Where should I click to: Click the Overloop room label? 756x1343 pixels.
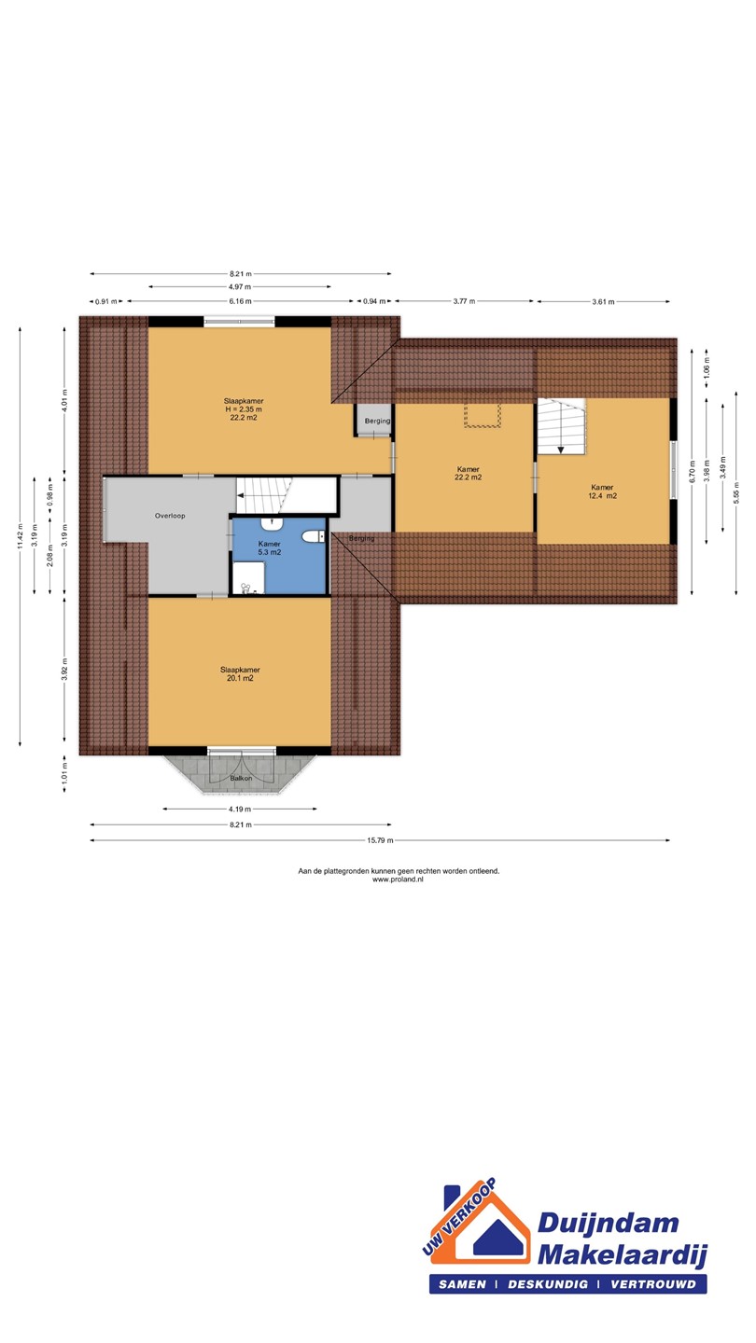(170, 516)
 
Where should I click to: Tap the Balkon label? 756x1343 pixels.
(241, 778)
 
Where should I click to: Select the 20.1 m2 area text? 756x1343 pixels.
(240, 679)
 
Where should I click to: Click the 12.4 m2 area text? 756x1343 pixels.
(602, 496)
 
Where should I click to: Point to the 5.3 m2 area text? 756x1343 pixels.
(270, 552)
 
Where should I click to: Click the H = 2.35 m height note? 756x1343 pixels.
(243, 409)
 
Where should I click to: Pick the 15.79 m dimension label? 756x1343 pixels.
(381, 840)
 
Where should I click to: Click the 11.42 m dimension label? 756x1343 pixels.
(21, 536)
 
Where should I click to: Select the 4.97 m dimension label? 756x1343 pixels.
(240, 287)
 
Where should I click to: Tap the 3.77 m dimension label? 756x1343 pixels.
(464, 301)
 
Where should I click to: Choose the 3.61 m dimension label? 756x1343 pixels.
(603, 302)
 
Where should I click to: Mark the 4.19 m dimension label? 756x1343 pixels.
(240, 810)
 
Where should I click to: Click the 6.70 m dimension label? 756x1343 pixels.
(693, 472)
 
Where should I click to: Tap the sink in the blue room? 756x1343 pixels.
(272, 524)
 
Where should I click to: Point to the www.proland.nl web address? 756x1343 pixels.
(398, 879)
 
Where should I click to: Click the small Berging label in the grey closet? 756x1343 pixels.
(377, 421)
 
